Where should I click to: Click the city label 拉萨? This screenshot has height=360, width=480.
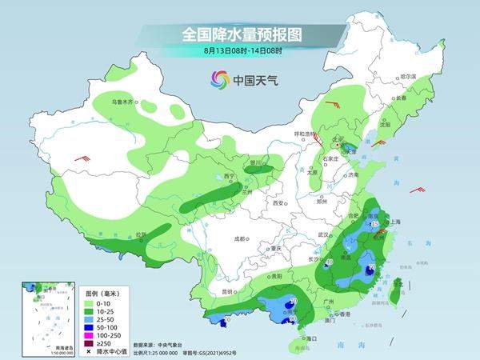141,234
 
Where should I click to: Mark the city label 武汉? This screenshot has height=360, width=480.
323,234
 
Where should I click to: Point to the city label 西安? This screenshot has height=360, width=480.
278,203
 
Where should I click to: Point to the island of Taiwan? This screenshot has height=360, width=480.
394,288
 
